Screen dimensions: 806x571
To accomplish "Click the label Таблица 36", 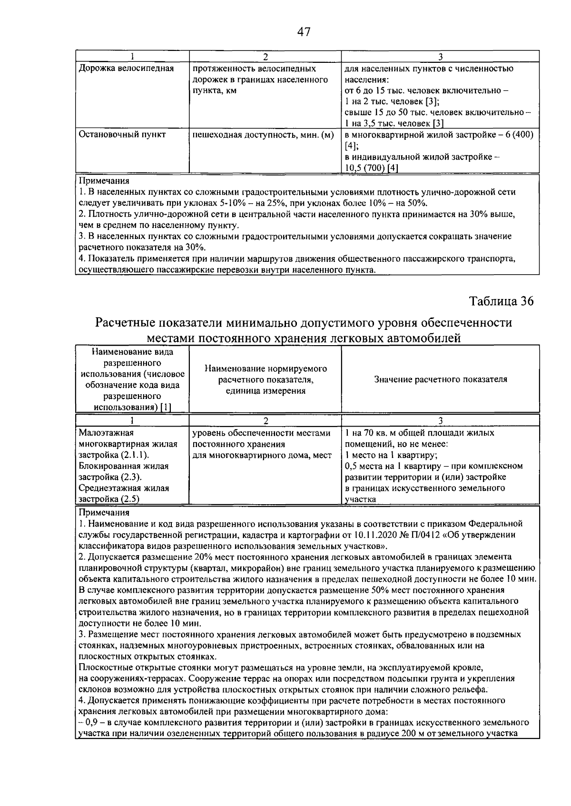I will coord(501,301).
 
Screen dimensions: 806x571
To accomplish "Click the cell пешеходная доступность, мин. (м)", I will coord(263,135).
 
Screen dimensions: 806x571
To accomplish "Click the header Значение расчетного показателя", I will coord(440,379).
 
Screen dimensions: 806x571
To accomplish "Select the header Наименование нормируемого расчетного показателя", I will coord(266,379).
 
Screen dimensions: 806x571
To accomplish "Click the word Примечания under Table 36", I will coord(103,513).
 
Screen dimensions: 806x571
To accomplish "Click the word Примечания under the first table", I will coord(103,181).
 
